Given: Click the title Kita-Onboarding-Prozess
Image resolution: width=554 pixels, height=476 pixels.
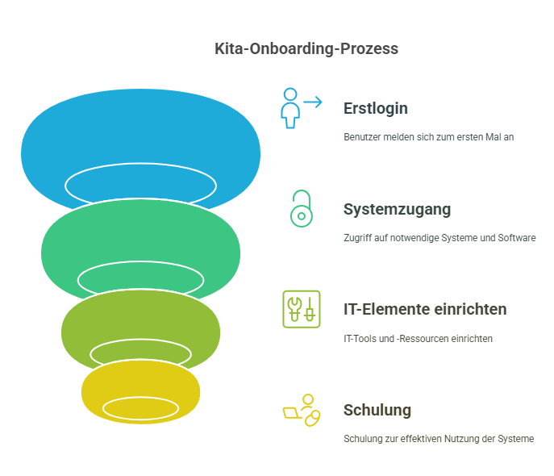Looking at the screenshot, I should pyautogui.click(x=306, y=48).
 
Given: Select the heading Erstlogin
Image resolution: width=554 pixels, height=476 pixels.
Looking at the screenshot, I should pyautogui.click(x=375, y=108).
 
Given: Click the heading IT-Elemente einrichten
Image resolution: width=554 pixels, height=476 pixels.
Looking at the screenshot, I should pyautogui.click(x=425, y=309).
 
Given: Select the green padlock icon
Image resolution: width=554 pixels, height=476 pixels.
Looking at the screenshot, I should pyautogui.click(x=301, y=208).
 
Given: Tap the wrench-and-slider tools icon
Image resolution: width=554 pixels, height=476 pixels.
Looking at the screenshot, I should pyautogui.click(x=301, y=309).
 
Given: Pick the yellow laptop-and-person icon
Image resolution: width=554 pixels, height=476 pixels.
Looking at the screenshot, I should pyautogui.click(x=301, y=410).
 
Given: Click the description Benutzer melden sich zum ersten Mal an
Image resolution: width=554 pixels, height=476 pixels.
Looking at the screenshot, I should pyautogui.click(x=428, y=137).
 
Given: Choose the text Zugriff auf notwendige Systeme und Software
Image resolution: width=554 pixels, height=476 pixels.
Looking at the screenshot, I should pyautogui.click(x=439, y=238).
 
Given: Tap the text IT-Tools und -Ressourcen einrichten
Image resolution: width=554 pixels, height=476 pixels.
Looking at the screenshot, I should pyautogui.click(x=418, y=339).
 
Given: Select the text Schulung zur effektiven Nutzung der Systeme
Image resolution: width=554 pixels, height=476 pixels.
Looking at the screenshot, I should pyautogui.click(x=439, y=439).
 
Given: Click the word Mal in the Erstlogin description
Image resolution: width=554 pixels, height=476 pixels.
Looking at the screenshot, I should pyautogui.click(x=492, y=137).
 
